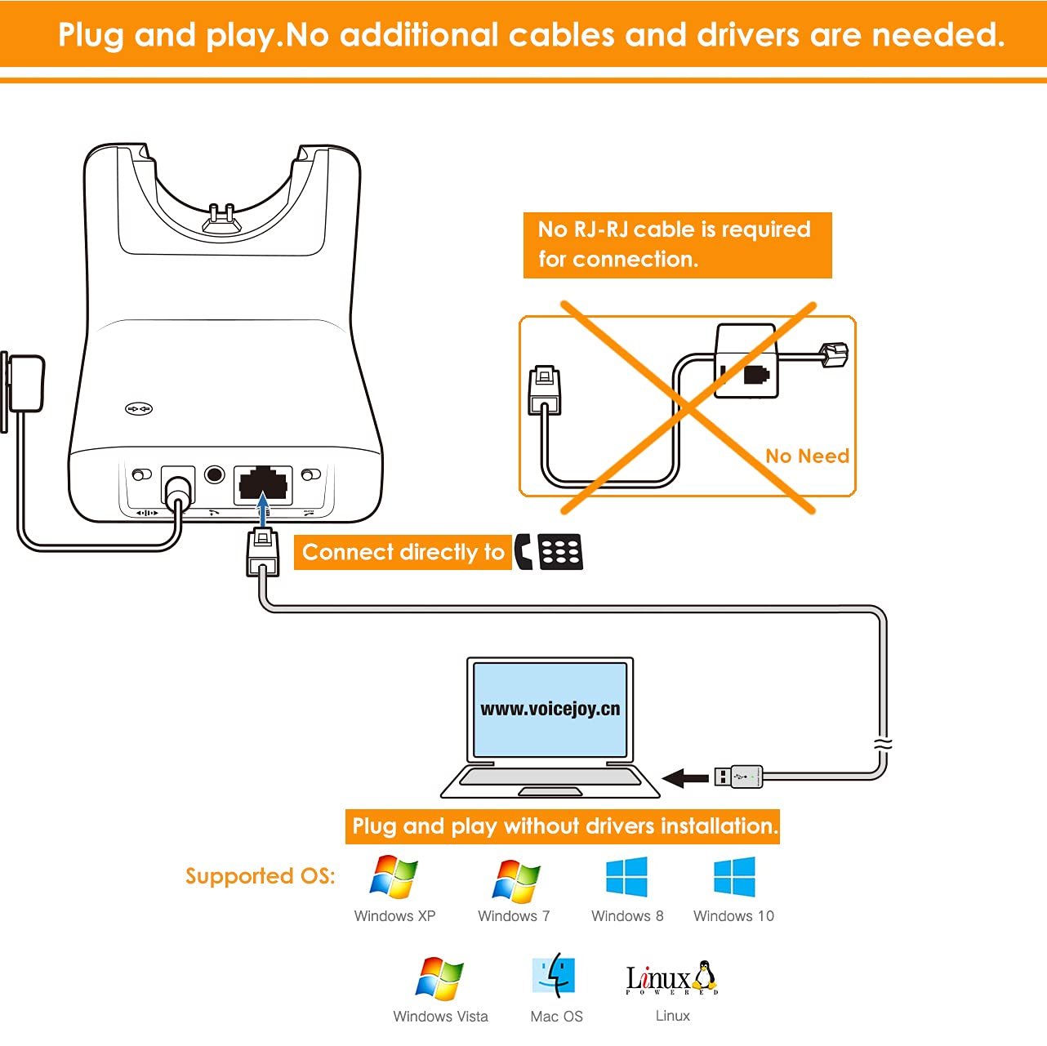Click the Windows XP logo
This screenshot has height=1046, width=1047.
click(x=394, y=878)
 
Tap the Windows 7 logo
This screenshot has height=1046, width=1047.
click(x=515, y=880)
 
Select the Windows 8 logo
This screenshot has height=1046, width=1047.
click(x=626, y=877)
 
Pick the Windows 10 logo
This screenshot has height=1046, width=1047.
click(x=734, y=877)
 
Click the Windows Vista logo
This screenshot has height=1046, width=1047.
click(x=439, y=978)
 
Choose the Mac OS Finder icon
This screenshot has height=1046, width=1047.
click(x=554, y=975)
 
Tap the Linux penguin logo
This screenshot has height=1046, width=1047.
click(x=704, y=976)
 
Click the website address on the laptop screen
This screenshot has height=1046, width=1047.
click(x=550, y=709)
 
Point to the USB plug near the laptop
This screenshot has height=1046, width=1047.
click(x=738, y=777)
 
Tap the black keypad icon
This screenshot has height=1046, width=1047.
click(x=560, y=552)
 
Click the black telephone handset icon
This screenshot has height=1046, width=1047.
click(x=523, y=552)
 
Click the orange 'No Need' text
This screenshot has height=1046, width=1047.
click(x=807, y=456)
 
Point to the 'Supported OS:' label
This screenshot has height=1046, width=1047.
click(x=261, y=876)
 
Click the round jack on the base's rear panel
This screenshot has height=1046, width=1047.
click(x=215, y=474)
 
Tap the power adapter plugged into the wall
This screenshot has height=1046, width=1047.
click(x=25, y=384)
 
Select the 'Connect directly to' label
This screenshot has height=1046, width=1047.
click(x=403, y=553)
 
